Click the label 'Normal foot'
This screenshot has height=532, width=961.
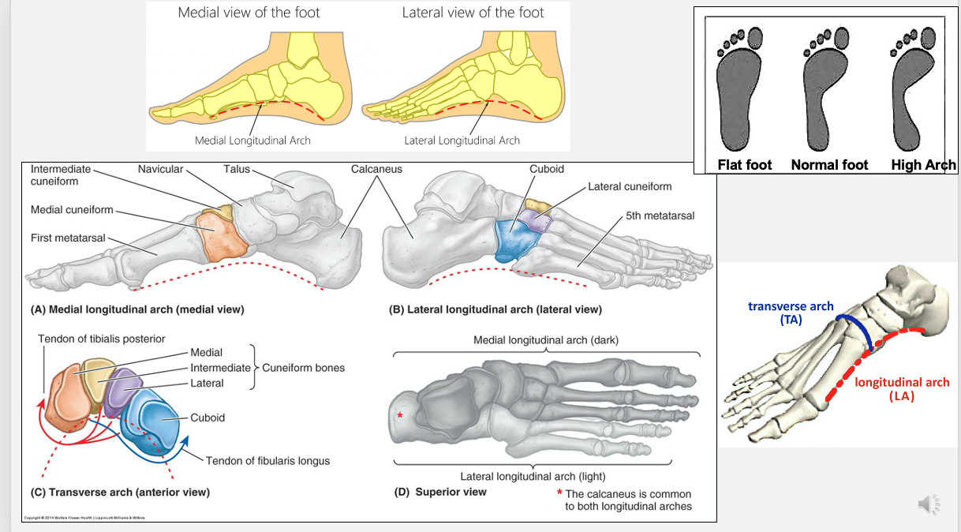[829, 165]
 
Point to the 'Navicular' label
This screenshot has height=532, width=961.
[160, 169]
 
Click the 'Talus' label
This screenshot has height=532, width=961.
[237, 169]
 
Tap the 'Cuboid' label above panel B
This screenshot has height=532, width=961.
[547, 169]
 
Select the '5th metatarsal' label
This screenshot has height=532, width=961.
[660, 215]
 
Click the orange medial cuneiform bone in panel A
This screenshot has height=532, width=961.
[222, 234]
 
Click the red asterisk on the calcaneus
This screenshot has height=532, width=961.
[400, 415]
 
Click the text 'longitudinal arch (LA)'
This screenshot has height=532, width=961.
[902, 389]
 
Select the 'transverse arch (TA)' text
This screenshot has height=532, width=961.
[791, 313]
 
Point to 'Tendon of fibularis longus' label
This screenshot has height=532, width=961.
[267, 461]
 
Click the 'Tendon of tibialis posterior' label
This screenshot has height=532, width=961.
[102, 339]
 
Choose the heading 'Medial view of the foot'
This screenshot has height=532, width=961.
[249, 13]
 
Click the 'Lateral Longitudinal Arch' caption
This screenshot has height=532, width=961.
[462, 140]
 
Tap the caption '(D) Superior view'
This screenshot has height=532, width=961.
[440, 492]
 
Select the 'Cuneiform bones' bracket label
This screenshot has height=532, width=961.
[303, 368]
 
